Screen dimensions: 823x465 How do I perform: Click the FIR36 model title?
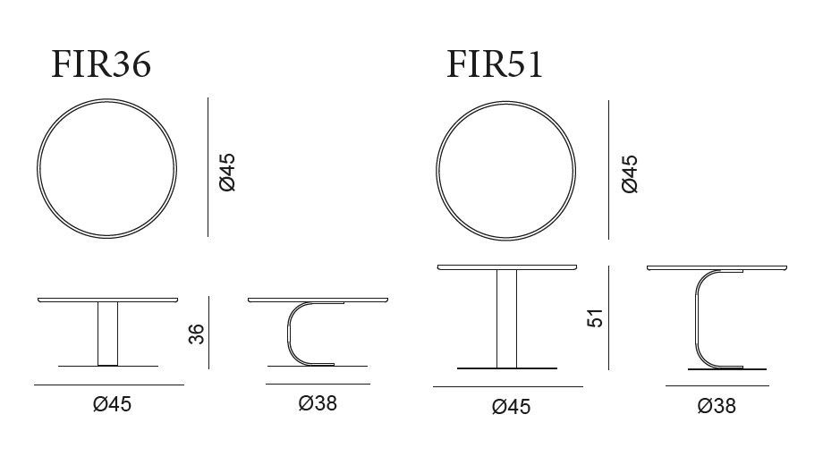point(101,64)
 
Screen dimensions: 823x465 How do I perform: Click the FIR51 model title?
point(495,64)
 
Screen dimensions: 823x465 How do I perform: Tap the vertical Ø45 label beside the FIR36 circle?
point(227,173)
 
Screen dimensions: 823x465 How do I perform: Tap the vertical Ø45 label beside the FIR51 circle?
point(629,173)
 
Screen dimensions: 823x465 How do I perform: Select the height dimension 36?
point(196,334)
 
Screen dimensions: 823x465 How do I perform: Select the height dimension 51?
point(595,318)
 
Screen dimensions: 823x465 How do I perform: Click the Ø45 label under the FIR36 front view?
point(113,404)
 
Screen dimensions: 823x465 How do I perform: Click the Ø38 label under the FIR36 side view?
point(318,403)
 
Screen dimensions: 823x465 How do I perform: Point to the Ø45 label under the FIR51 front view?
point(511,407)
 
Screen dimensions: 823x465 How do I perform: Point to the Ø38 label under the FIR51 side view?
point(717,406)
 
